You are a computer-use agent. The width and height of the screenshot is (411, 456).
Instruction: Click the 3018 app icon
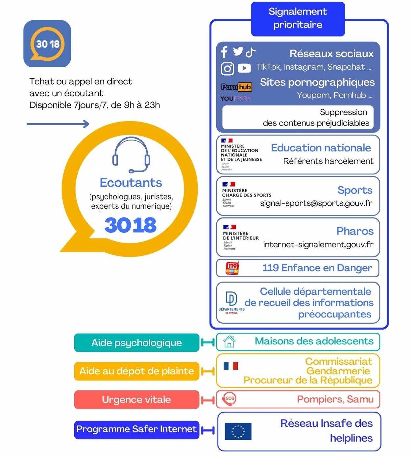47,44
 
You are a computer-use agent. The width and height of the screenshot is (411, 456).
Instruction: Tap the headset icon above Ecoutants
131,154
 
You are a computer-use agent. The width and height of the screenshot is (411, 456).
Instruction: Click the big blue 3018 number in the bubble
131,225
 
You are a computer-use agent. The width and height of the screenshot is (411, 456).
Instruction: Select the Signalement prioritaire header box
298,18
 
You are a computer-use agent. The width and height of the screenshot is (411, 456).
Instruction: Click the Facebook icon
225,52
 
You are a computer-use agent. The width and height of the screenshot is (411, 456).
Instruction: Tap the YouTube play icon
244,68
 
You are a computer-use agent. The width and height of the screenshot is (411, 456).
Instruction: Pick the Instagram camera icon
227,69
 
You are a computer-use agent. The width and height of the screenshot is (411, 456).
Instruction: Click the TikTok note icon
251,52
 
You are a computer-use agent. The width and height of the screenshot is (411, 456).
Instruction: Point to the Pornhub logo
236,87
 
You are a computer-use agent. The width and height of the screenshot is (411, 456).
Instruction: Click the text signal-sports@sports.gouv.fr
316,203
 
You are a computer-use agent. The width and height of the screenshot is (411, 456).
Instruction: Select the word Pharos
355,231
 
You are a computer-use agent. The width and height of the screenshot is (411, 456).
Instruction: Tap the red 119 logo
232,268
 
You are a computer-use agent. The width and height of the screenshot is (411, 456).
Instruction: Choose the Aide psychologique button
136,343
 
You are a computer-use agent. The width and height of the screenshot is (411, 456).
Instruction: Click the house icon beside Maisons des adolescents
229,341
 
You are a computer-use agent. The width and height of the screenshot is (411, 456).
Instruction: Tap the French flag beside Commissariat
230,366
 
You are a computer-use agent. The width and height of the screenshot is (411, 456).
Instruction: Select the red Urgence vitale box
136,399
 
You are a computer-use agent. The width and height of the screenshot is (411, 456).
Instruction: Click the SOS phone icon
229,399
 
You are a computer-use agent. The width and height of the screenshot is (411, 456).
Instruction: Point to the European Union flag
238,431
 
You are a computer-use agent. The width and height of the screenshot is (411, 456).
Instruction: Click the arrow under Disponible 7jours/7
58,124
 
